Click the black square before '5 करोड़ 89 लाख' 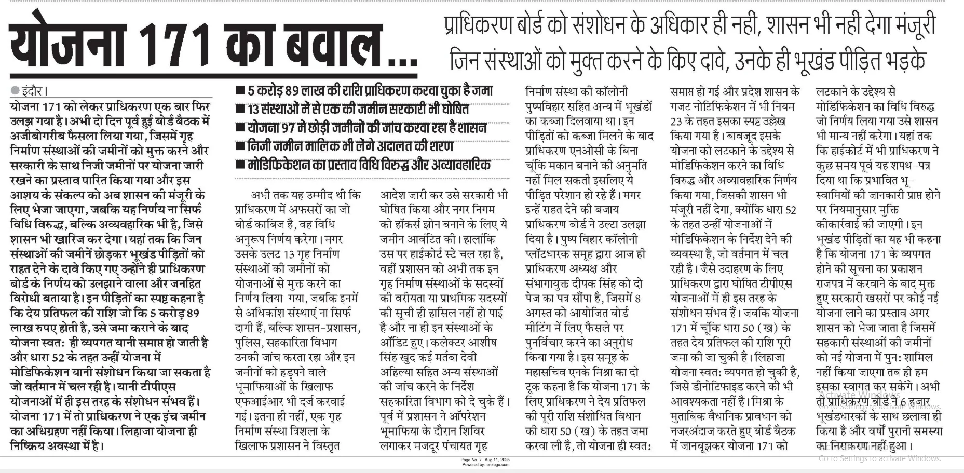coord(240,91)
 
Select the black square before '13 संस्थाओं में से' coord(240,110)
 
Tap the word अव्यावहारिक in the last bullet coord(458,165)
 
